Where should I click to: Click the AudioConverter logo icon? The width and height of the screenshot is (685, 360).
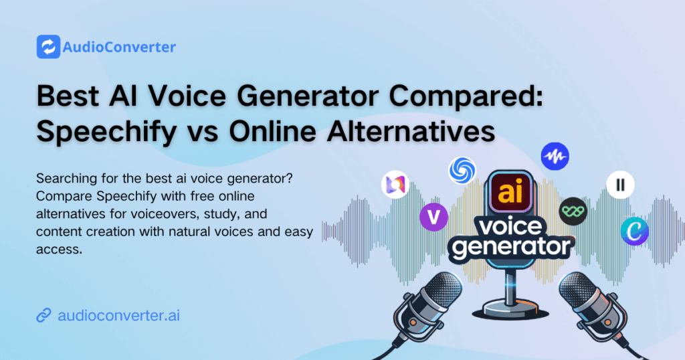pyautogui.click(x=47, y=47)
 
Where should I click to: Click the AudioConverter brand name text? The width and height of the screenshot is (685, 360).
pyautogui.click(x=118, y=48)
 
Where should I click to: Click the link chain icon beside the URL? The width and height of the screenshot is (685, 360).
pyautogui.click(x=44, y=315)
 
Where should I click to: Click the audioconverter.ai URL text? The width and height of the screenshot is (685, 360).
pyautogui.click(x=118, y=315)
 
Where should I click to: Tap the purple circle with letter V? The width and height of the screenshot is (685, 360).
pyautogui.click(x=433, y=217)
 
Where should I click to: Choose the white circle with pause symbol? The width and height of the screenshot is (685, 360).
pyautogui.click(x=620, y=185)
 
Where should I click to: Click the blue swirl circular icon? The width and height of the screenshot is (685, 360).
pyautogui.click(x=462, y=171)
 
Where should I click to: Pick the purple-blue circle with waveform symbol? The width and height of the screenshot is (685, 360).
pyautogui.click(x=555, y=157)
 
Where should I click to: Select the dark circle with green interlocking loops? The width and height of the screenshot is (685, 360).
pyautogui.click(x=573, y=211)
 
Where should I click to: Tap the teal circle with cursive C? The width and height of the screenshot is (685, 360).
pyautogui.click(x=634, y=230)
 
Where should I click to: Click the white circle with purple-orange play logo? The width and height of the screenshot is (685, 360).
pyautogui.click(x=395, y=185)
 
